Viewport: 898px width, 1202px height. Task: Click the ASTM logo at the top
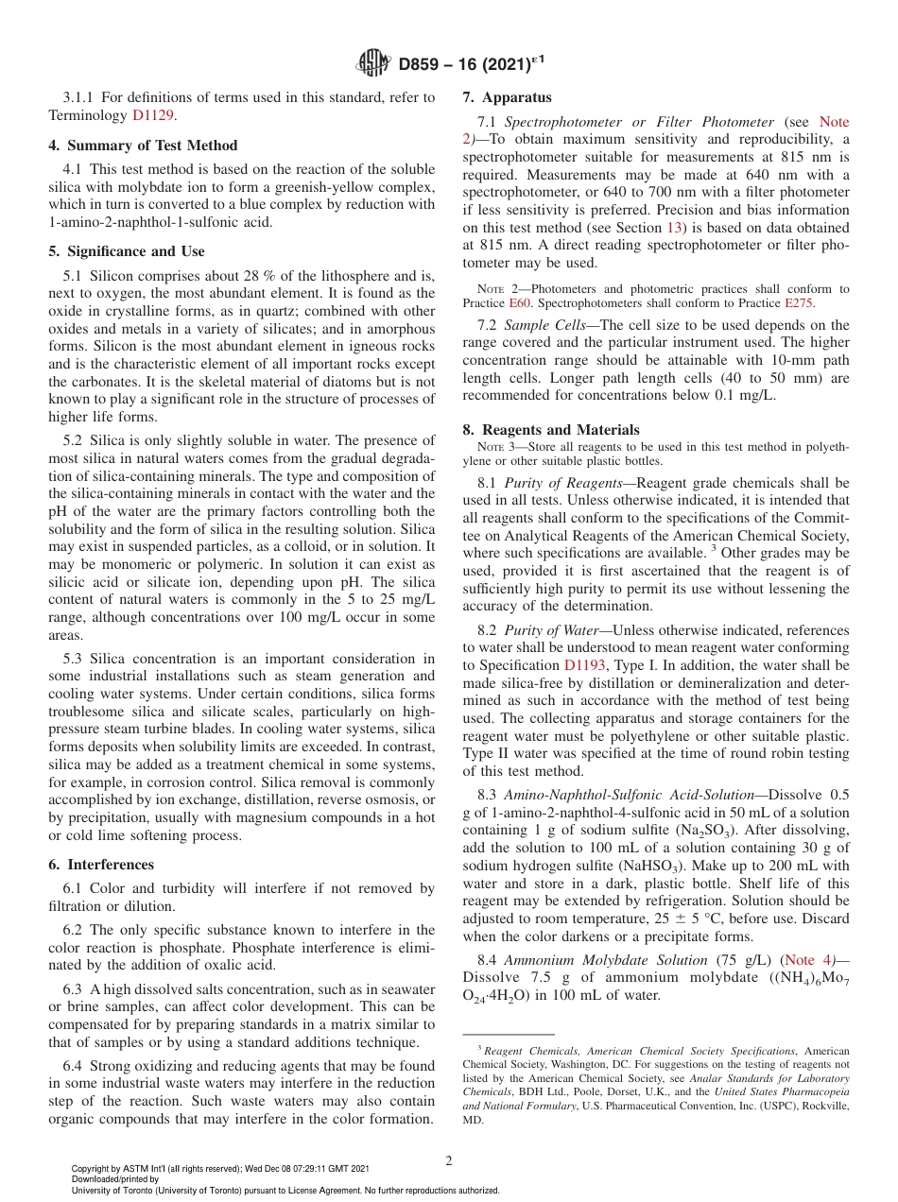372,64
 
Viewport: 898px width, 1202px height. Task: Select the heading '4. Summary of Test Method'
143,146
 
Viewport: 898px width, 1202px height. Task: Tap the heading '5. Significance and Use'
127,251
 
